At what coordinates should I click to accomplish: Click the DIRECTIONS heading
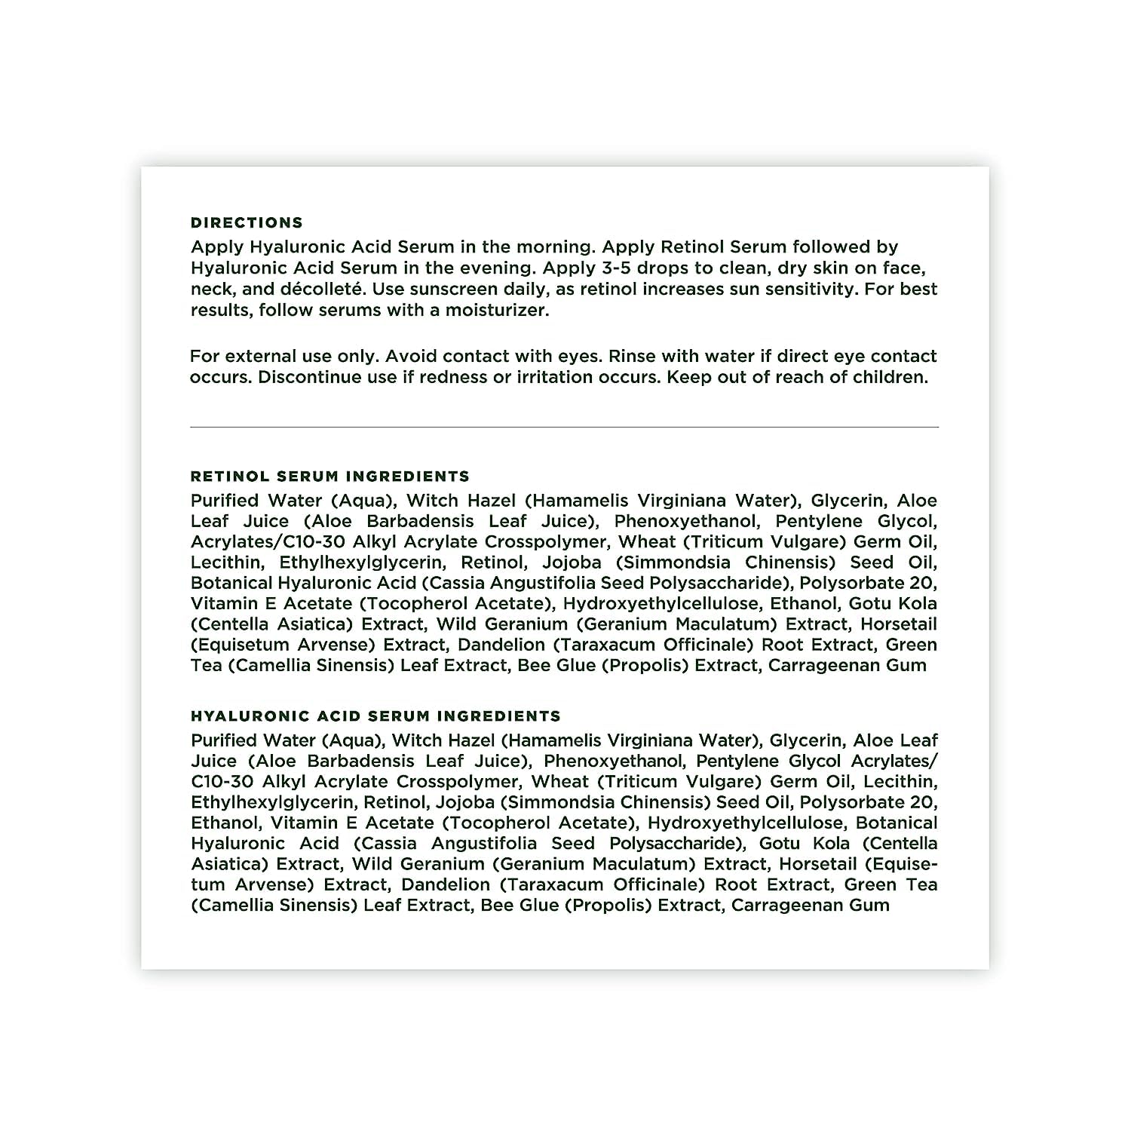click(x=247, y=222)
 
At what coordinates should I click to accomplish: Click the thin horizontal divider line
click(x=564, y=427)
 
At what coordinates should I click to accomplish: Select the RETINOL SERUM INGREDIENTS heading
click(x=329, y=477)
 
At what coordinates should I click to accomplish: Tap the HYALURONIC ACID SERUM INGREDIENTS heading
click(x=375, y=716)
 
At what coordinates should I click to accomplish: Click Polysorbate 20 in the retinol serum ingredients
click(x=868, y=583)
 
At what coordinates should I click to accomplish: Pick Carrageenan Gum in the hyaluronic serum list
click(x=810, y=905)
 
